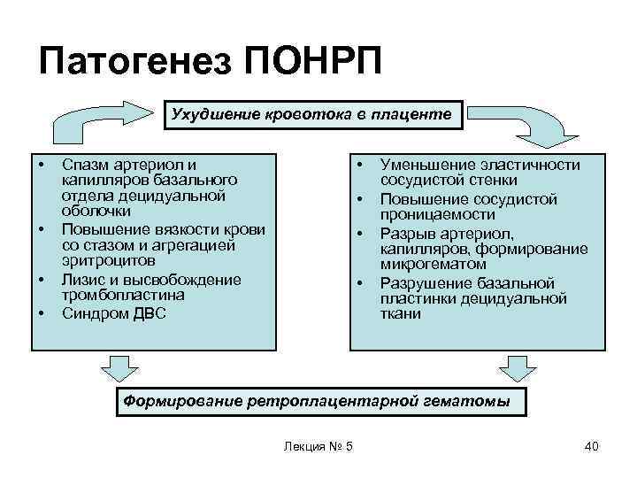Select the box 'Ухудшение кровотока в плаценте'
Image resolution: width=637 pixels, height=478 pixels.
tap(311, 115)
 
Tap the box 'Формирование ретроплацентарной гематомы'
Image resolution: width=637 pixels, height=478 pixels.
tap(317, 401)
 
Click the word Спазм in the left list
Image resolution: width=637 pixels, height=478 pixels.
tap(86, 165)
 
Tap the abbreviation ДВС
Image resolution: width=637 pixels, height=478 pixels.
tap(146, 313)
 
